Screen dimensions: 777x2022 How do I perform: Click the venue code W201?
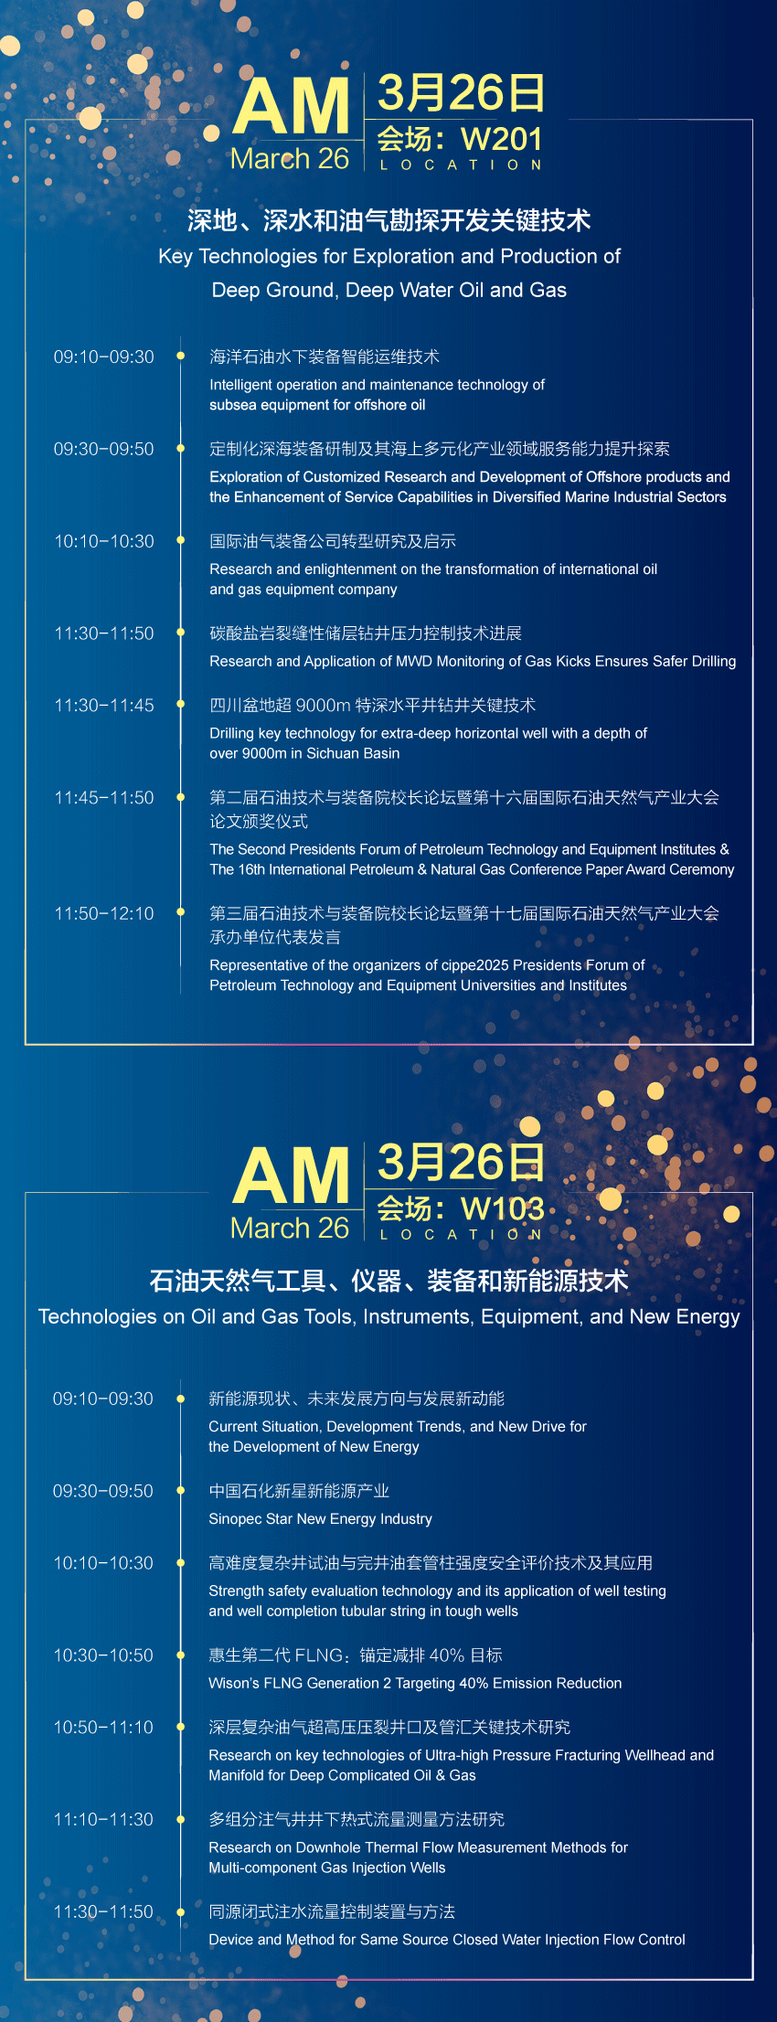[x=502, y=139]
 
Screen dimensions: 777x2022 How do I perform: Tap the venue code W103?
[x=502, y=1208]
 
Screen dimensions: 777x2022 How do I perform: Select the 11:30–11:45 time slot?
[x=104, y=706]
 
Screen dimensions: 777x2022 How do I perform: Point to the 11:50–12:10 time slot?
[x=104, y=913]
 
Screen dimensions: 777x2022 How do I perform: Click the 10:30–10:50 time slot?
[x=103, y=1655]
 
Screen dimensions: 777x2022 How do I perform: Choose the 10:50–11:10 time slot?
[x=103, y=1728]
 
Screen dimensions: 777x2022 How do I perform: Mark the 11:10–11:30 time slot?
[x=103, y=1820]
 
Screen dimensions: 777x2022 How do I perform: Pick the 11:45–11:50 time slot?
[x=104, y=798]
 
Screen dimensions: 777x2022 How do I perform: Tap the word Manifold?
[x=237, y=1776]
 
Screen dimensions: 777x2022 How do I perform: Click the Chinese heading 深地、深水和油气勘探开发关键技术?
[x=389, y=220]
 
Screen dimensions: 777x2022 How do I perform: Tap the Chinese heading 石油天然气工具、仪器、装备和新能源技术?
[x=389, y=1281]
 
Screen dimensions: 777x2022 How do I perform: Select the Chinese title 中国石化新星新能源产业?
[x=299, y=1492]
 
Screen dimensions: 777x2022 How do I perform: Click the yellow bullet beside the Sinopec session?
[x=181, y=1491]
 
